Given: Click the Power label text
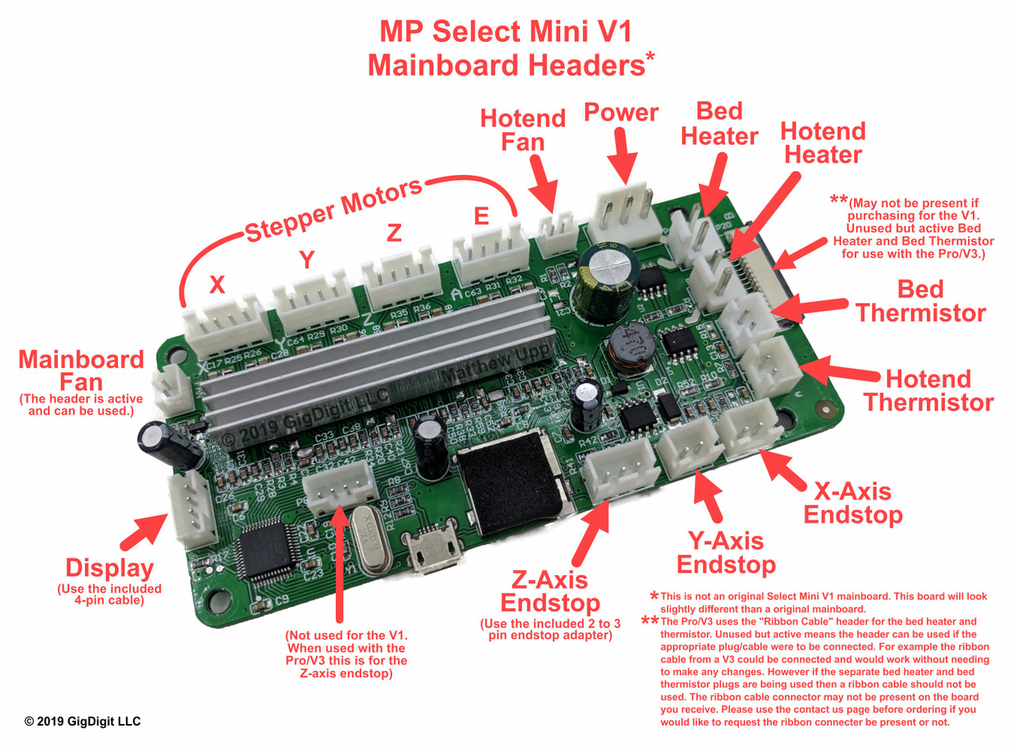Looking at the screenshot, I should (x=621, y=113).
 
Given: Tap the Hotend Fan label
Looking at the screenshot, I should (x=524, y=131).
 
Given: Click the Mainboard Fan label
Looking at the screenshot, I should (x=82, y=372).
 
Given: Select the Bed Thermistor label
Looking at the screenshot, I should (x=921, y=300).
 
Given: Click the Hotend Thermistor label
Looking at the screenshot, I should (x=928, y=390).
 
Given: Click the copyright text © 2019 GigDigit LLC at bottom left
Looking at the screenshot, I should (x=83, y=722).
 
